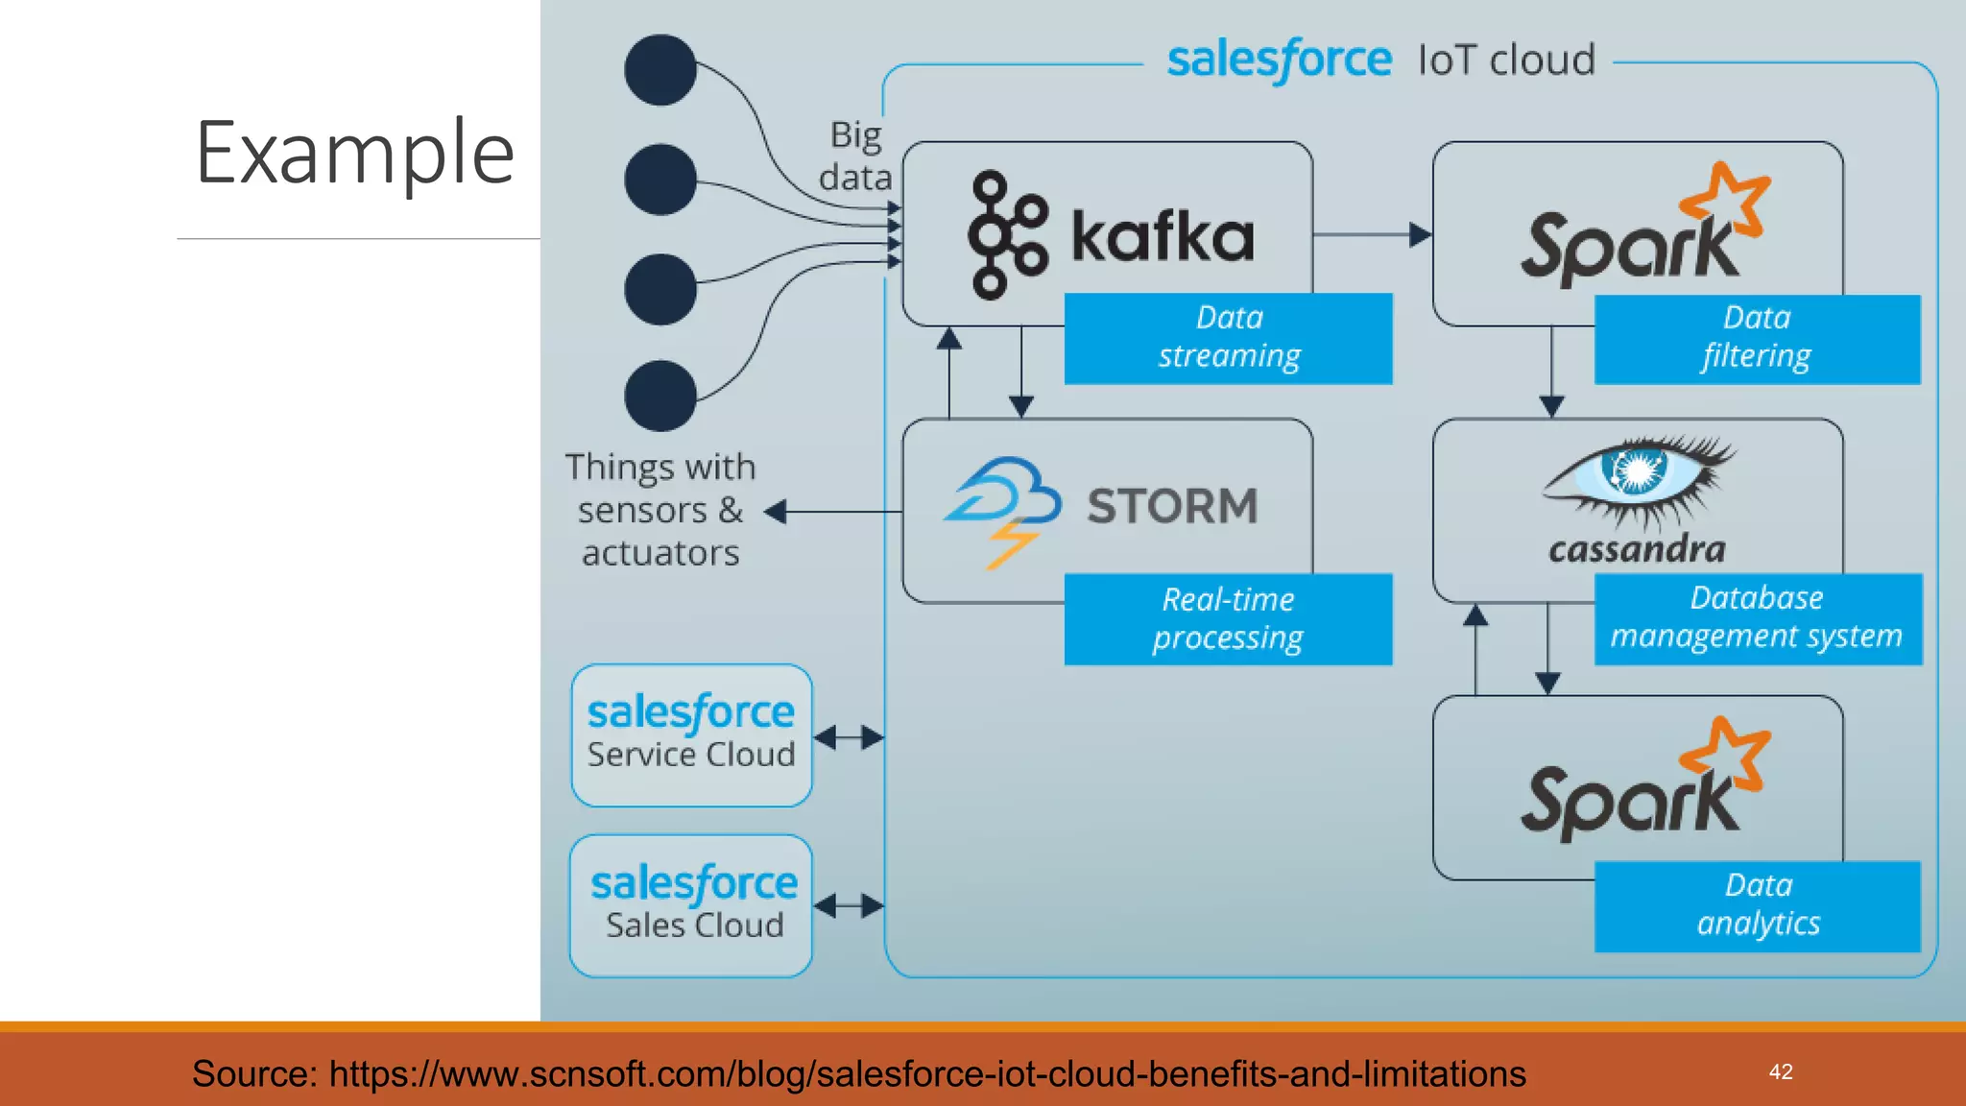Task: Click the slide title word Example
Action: [x=354, y=153]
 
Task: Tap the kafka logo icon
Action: [x=1006, y=235]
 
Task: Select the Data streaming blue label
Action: [x=1228, y=338]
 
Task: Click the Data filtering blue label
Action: [x=1757, y=338]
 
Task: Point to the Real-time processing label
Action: [x=1228, y=619]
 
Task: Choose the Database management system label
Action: [x=1757, y=618]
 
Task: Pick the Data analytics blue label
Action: [x=1757, y=905]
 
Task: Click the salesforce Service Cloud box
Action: [x=691, y=734]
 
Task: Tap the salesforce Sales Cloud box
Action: [x=691, y=905]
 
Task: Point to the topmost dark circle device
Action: [x=660, y=70]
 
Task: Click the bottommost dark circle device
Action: [x=660, y=396]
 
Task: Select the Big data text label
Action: [x=854, y=156]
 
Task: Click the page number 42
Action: [x=1781, y=1071]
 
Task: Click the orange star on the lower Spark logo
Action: [x=1726, y=754]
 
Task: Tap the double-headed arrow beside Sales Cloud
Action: [x=849, y=905]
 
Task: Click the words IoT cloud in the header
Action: [x=1506, y=60]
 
